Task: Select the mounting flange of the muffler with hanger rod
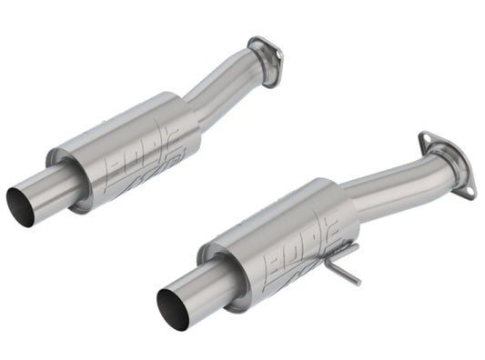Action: pyautogui.click(x=444, y=158)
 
